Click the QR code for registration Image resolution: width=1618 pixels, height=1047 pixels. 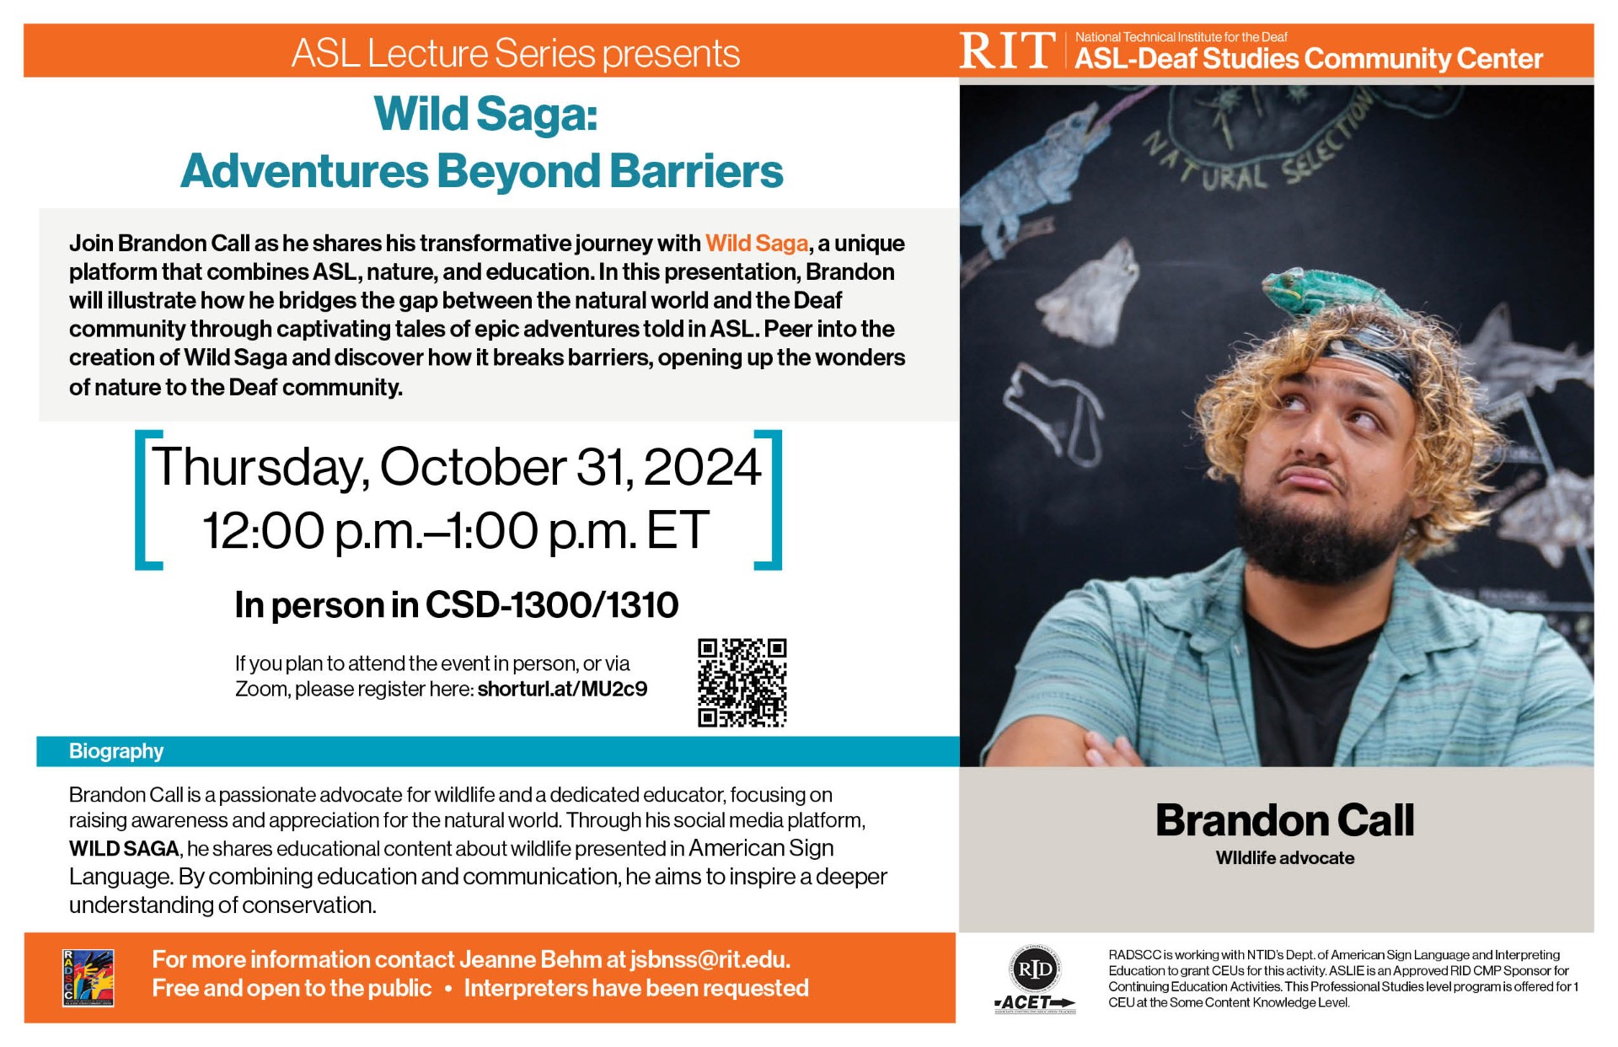click(742, 683)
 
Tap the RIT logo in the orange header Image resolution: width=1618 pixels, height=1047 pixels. click(1007, 51)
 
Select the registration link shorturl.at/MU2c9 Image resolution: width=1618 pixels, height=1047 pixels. click(562, 689)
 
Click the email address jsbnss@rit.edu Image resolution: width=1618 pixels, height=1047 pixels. click(709, 959)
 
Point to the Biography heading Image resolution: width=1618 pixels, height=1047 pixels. click(116, 751)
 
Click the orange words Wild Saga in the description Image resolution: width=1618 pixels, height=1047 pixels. click(757, 243)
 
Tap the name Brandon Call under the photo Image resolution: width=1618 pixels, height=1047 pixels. click(1284, 820)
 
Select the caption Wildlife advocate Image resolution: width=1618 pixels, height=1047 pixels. click(1284, 858)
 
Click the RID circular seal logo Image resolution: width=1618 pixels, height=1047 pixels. click(1035, 969)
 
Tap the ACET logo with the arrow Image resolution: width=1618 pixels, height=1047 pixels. click(1035, 1003)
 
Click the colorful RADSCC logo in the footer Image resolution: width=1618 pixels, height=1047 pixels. click(88, 978)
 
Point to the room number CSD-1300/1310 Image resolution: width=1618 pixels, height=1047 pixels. click(552, 605)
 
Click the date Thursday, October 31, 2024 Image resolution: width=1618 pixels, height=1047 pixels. click(456, 467)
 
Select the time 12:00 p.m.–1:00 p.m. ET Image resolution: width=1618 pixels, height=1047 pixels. click(456, 530)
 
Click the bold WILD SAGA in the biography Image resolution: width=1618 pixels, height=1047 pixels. click(124, 849)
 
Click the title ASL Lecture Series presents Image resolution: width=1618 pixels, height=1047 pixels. click(516, 53)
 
